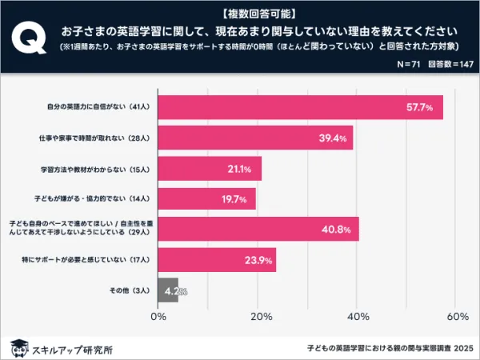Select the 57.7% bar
(301, 107)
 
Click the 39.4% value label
(334, 138)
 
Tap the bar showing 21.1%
(210, 169)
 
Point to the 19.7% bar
(206, 198)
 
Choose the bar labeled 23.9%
(217, 259)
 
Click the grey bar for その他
(168, 290)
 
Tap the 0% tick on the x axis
(158, 318)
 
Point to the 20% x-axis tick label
(258, 318)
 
